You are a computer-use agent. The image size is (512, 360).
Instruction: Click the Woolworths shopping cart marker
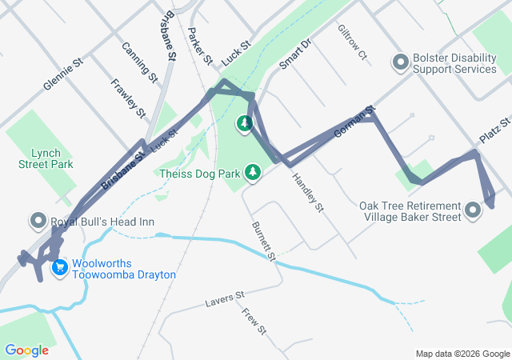click(59, 268)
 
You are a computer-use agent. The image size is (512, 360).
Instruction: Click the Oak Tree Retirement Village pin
click(472, 211)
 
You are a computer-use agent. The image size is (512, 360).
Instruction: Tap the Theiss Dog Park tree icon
click(253, 173)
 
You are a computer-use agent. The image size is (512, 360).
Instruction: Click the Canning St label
click(138, 62)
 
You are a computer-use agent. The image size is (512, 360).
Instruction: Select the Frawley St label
click(128, 98)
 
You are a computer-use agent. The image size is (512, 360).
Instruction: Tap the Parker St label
click(199, 46)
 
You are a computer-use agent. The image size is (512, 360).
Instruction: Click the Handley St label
click(307, 193)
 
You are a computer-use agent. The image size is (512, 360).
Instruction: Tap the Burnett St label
click(262, 242)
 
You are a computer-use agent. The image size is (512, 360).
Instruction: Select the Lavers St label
click(224, 299)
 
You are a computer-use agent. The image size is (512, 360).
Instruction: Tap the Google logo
click(26, 350)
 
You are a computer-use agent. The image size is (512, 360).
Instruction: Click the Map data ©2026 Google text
click(462, 354)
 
